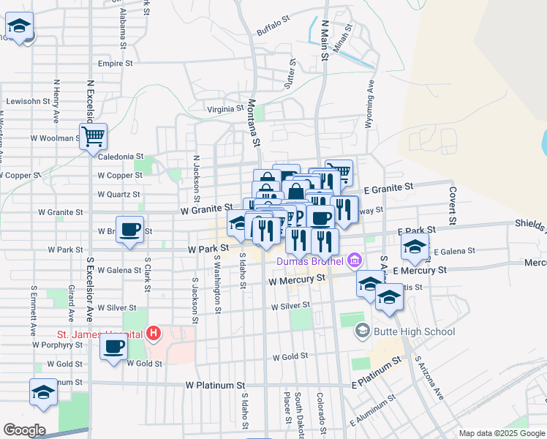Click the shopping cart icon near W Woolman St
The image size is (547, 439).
[94, 135]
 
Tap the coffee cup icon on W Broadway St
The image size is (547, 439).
[130, 230]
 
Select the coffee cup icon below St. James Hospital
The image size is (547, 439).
[114, 347]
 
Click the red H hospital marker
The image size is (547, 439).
[153, 334]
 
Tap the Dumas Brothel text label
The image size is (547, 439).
[309, 260]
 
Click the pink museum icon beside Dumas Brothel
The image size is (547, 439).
[355, 260]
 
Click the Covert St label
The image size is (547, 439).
[453, 206]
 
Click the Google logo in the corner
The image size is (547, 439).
[24, 430]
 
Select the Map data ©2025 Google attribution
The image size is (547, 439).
[501, 433]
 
